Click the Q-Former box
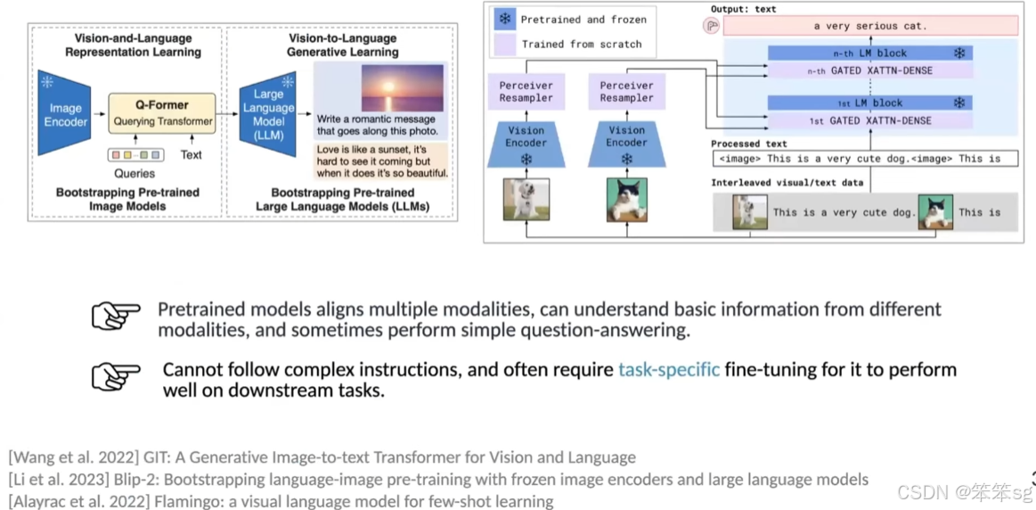(161, 112)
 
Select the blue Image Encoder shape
(65, 114)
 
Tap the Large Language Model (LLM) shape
(268, 115)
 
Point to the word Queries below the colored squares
(135, 174)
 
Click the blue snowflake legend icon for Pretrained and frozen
(506, 19)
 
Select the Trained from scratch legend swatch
(506, 44)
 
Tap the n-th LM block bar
(869, 53)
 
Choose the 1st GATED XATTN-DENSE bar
(869, 120)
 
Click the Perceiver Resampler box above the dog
(526, 92)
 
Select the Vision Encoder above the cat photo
(626, 142)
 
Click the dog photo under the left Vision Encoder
(526, 199)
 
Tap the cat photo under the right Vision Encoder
(626, 199)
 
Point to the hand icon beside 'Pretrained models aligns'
(116, 316)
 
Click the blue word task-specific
(669, 369)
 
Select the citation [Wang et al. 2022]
(69, 458)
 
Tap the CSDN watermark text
(964, 492)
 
